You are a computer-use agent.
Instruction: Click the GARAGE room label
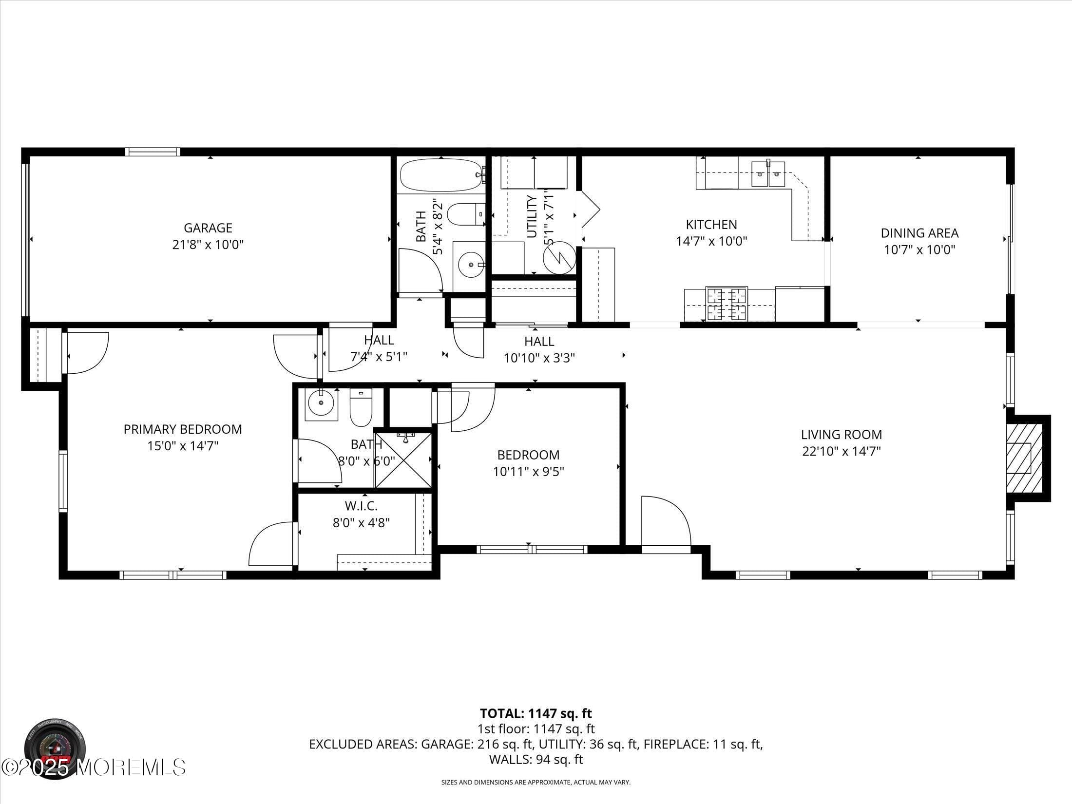[208, 228]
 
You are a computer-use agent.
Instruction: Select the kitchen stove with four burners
[727, 304]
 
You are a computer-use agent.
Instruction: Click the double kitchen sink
[768, 174]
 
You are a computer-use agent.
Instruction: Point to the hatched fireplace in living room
[1024, 458]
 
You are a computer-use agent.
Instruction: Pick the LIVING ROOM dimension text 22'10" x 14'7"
[842, 451]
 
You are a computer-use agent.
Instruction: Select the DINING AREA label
[919, 233]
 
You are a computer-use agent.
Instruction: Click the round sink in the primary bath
[321, 403]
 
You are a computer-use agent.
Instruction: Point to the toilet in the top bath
[465, 215]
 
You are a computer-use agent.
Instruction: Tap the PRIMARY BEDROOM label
[183, 429]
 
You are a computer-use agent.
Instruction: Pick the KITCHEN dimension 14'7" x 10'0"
[712, 241]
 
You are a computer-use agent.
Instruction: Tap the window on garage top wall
[153, 152]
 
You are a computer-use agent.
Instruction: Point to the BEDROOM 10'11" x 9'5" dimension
[528, 472]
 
